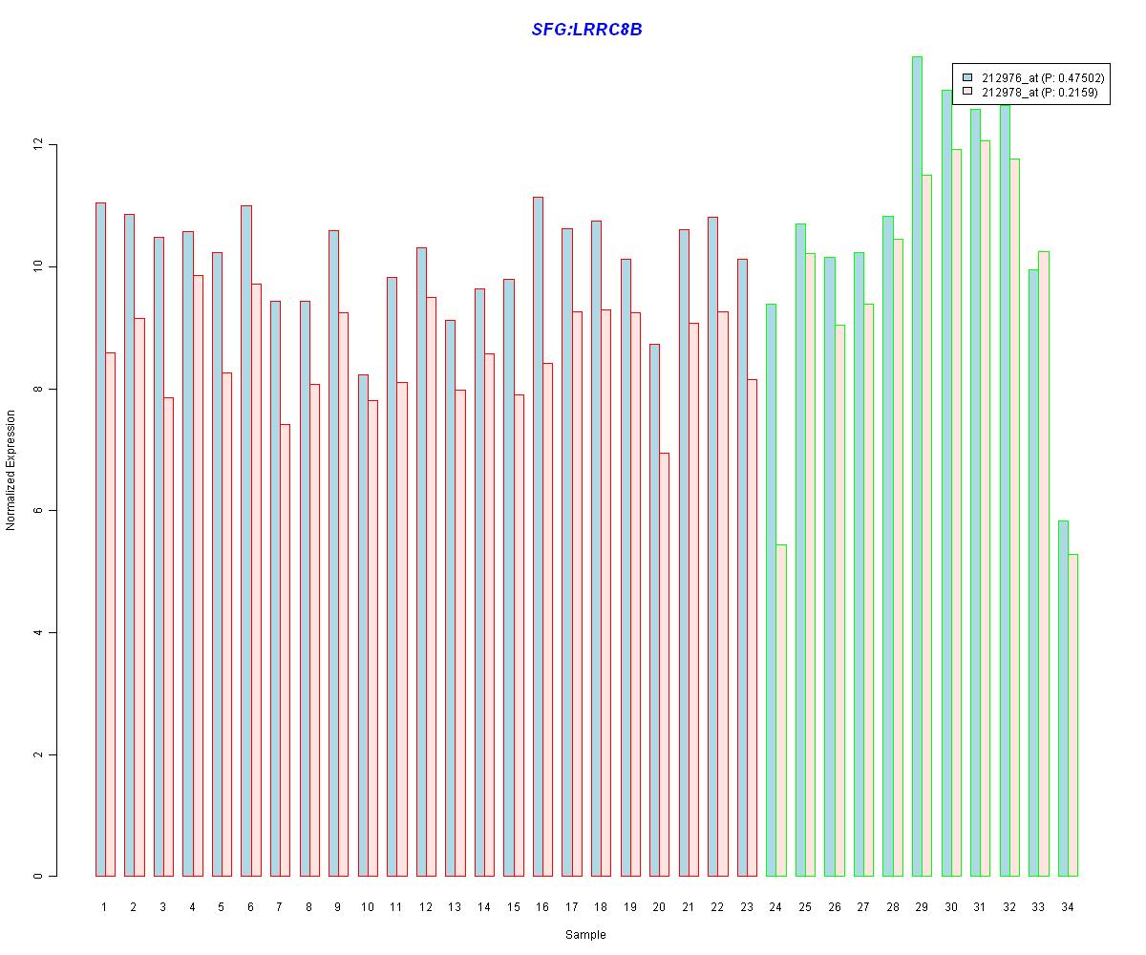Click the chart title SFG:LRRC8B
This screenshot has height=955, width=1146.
tap(586, 30)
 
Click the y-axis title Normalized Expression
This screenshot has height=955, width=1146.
tap(11, 470)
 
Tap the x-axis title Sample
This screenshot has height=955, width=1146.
tap(585, 935)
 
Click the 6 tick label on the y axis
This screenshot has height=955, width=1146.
tap(38, 511)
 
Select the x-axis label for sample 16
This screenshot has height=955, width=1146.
tap(542, 907)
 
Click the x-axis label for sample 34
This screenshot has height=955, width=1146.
tap(1068, 907)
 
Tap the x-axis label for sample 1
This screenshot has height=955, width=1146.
tap(104, 907)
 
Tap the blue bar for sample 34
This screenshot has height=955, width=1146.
tap(1063, 698)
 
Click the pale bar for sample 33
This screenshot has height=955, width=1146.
tap(1044, 563)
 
